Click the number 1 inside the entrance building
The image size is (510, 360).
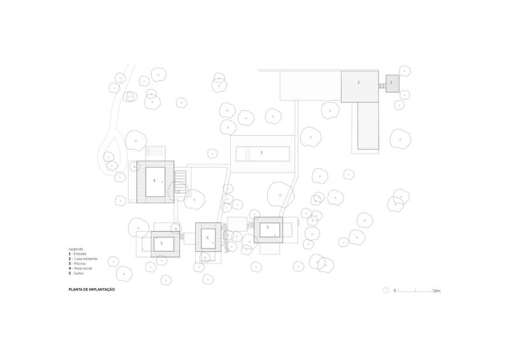point(391,83)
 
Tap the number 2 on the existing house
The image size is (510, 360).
point(358,83)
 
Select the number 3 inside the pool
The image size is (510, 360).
point(261,153)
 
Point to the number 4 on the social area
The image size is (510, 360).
point(154,180)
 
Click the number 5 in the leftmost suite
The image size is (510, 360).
point(162,243)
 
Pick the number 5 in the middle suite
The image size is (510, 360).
point(207,238)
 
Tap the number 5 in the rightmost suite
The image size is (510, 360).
point(268,227)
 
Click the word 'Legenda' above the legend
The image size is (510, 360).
point(76,248)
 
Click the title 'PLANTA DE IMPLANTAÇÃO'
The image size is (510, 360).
point(92,290)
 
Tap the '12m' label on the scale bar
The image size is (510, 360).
point(437,291)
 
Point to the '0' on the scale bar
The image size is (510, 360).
point(395,291)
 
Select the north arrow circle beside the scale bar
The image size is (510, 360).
point(386,290)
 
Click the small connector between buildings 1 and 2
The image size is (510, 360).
point(382,85)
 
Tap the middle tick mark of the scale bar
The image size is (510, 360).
point(416,291)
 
